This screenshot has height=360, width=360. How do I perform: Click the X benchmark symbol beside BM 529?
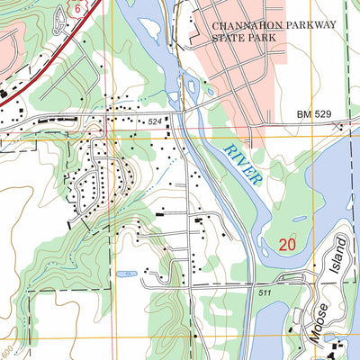(x=343, y=127)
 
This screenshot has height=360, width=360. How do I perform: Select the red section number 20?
(x=287, y=244)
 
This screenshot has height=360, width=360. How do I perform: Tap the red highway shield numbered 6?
(x=77, y=7)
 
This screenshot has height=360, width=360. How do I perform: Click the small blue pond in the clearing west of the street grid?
(x=126, y=273)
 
